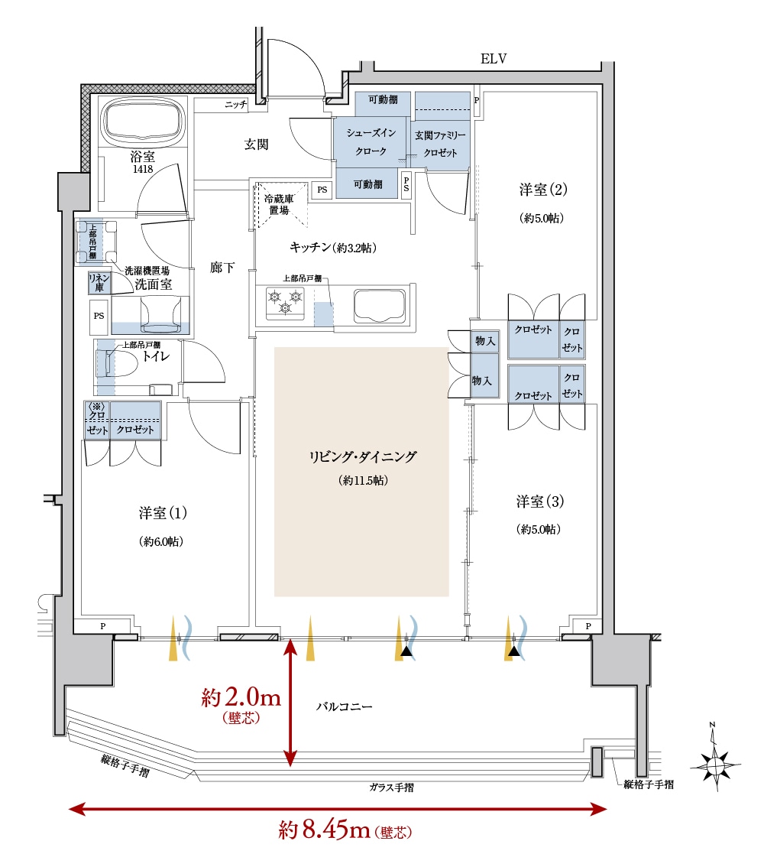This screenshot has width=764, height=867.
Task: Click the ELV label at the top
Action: click(x=494, y=59)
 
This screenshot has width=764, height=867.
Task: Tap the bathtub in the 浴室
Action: click(x=144, y=122)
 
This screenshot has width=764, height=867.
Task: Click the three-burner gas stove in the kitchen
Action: click(x=285, y=303)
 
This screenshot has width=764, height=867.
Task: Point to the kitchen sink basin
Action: click(x=380, y=306)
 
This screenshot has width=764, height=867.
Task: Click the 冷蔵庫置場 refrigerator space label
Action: click(x=279, y=204)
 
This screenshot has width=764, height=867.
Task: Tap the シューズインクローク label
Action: click(x=371, y=141)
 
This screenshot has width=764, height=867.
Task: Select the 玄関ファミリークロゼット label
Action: click(x=440, y=144)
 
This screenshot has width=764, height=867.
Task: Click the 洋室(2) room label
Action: click(x=543, y=190)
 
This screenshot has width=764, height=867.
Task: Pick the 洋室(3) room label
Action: click(x=539, y=502)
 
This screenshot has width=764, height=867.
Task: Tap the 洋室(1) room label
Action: click(x=163, y=513)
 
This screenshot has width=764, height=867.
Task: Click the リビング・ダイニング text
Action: click(x=362, y=456)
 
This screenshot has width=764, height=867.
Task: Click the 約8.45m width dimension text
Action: click(x=345, y=830)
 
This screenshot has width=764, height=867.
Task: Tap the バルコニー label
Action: click(x=344, y=706)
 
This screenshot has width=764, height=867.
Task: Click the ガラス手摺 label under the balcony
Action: click(x=391, y=787)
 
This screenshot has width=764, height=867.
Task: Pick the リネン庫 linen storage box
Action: click(x=99, y=283)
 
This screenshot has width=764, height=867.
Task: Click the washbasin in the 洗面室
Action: click(x=160, y=315)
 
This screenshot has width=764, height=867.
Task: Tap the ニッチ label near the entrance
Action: click(x=236, y=104)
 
